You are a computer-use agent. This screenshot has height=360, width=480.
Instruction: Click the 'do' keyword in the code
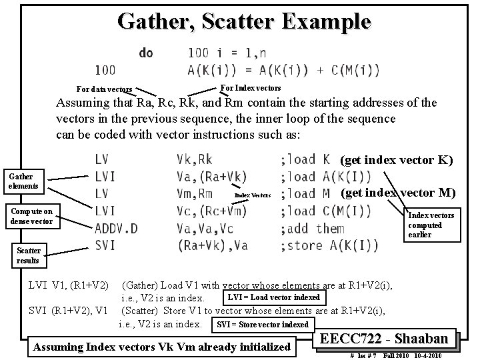pos(145,52)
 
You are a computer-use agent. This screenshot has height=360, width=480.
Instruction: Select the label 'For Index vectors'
pos(250,88)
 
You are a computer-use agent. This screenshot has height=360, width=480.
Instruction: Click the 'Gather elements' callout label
pos(23,181)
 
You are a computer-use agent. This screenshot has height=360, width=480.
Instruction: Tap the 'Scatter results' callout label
pos(29,255)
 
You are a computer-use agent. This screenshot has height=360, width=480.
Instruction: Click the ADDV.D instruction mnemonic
pos(116,229)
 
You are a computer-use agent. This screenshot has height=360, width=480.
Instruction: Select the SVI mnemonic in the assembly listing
pos(105,245)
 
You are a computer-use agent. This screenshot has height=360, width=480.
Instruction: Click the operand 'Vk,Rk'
pos(195,159)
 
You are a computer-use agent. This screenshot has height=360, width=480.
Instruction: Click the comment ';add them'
pos(313,229)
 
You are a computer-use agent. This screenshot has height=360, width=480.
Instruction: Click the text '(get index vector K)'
pos(397,160)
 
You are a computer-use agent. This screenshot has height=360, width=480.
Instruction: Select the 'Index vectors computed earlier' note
pos(431,225)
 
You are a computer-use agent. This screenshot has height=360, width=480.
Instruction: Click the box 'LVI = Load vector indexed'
pos(273,297)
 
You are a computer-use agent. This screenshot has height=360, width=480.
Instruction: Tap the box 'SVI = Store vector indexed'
pos(260,325)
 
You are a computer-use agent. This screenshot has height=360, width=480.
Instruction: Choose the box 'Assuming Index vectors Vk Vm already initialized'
pos(162,346)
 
